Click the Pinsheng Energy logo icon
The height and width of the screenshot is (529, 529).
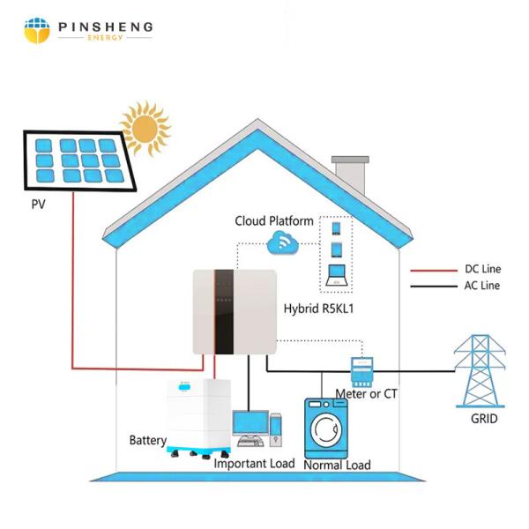click(37, 31)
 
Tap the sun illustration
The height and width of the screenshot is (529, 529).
click(145, 128)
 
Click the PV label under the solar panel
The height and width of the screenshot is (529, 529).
click(38, 205)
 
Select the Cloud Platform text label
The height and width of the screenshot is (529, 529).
click(274, 221)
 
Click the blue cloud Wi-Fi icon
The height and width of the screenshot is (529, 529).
click(283, 242)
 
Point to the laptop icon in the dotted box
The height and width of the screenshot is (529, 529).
click(336, 275)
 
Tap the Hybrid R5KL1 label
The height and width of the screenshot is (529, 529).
click(318, 309)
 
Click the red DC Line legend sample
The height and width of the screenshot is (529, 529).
click(434, 271)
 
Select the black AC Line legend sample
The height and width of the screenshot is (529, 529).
click(434, 287)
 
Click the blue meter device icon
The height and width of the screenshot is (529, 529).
click(362, 371)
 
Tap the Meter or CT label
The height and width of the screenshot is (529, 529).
click(366, 394)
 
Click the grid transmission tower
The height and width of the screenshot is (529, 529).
click(480, 371)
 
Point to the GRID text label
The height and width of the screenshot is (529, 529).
click(484, 419)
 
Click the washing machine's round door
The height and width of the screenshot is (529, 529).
click(326, 430)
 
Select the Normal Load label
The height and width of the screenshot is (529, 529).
click(337, 465)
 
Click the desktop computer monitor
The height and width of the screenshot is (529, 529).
click(250, 424)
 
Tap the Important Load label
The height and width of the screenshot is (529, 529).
click(254, 463)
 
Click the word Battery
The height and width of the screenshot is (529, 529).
click(148, 440)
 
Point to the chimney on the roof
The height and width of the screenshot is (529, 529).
click(350, 174)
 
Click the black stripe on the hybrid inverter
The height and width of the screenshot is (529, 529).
click(224, 312)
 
